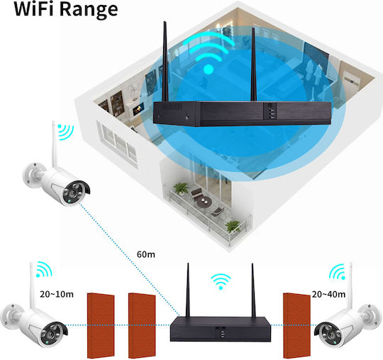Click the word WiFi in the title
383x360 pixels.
35,9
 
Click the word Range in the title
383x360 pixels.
89,10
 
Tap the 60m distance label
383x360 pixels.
146,254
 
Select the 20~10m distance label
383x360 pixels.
57,294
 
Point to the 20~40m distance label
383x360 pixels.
328,294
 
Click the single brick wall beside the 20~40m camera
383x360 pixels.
296,325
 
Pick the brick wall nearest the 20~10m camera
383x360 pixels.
101,325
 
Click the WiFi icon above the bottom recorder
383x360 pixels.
221,281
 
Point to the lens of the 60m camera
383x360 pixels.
73,193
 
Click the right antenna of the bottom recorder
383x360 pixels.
253,290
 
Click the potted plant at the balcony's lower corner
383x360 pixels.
233,227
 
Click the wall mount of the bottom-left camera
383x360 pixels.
10,314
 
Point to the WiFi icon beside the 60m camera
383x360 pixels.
65,132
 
